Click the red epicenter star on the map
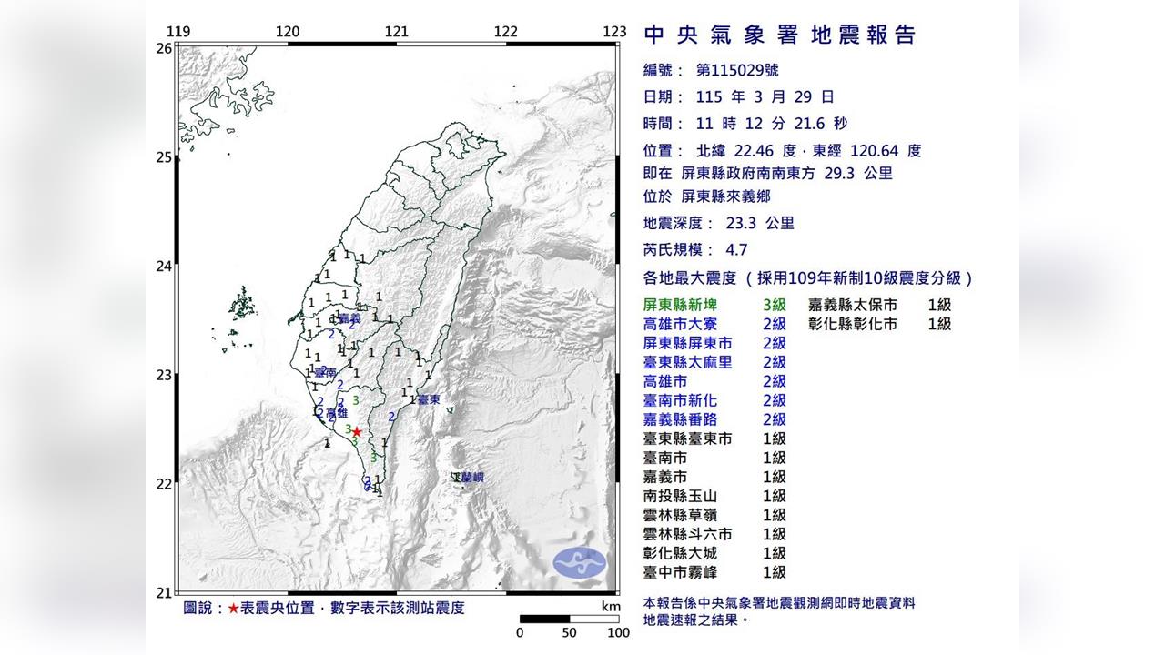point(357,432)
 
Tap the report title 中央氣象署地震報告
point(779,35)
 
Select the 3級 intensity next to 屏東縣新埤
point(775,306)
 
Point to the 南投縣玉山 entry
point(680,496)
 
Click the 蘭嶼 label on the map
point(472,478)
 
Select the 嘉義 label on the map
point(349,318)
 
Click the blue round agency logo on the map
point(580,562)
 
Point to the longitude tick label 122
point(506,32)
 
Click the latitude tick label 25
point(164,157)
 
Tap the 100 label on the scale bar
point(618,632)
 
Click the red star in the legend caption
point(234,608)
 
